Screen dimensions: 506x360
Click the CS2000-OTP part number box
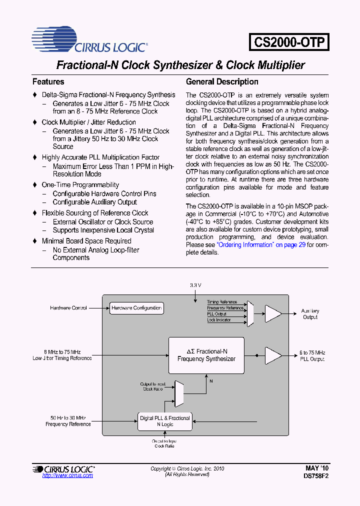click(289, 41)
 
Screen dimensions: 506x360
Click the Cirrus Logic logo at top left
click(89, 40)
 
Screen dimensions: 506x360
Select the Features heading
click(48, 81)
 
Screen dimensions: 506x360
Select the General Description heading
click(222, 81)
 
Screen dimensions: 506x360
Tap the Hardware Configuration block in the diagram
click(136, 308)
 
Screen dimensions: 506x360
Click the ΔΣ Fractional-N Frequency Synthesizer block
click(206, 355)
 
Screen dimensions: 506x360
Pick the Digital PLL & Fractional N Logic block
click(164, 421)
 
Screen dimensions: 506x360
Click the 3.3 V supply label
click(195, 285)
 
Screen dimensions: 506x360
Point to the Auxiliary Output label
click(310, 314)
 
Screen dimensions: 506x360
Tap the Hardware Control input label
click(68, 308)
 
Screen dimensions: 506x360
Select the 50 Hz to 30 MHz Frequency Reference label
click(68, 421)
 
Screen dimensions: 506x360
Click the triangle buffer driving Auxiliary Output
click(273, 313)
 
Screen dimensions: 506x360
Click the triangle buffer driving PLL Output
click(273, 355)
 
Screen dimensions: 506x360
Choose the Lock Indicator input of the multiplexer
click(219, 320)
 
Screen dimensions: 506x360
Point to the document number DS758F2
click(316, 476)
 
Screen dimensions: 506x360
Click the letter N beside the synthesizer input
click(210, 381)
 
